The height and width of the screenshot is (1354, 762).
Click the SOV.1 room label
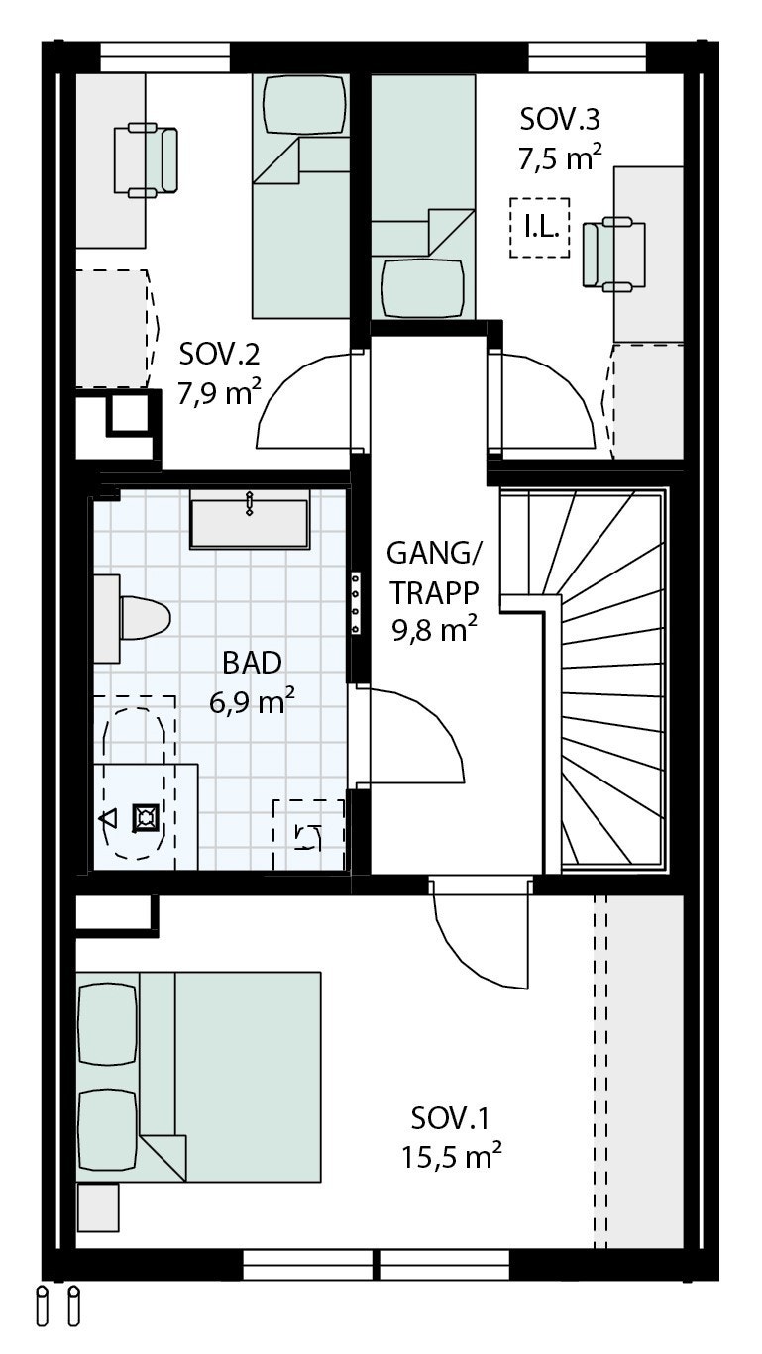tap(451, 1119)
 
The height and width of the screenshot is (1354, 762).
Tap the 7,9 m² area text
tap(220, 393)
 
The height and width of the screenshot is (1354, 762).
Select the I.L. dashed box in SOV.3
tap(541, 228)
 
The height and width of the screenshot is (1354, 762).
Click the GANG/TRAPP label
tap(434, 572)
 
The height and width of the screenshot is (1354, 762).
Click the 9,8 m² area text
tap(434, 628)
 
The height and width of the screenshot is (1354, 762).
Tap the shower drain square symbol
tap(146, 818)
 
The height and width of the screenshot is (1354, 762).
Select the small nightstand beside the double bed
tap(97, 1206)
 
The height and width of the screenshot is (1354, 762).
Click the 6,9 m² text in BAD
tap(252, 702)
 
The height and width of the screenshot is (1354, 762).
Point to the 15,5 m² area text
tap(451, 1155)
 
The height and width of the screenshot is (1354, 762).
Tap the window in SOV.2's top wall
tap(165, 56)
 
